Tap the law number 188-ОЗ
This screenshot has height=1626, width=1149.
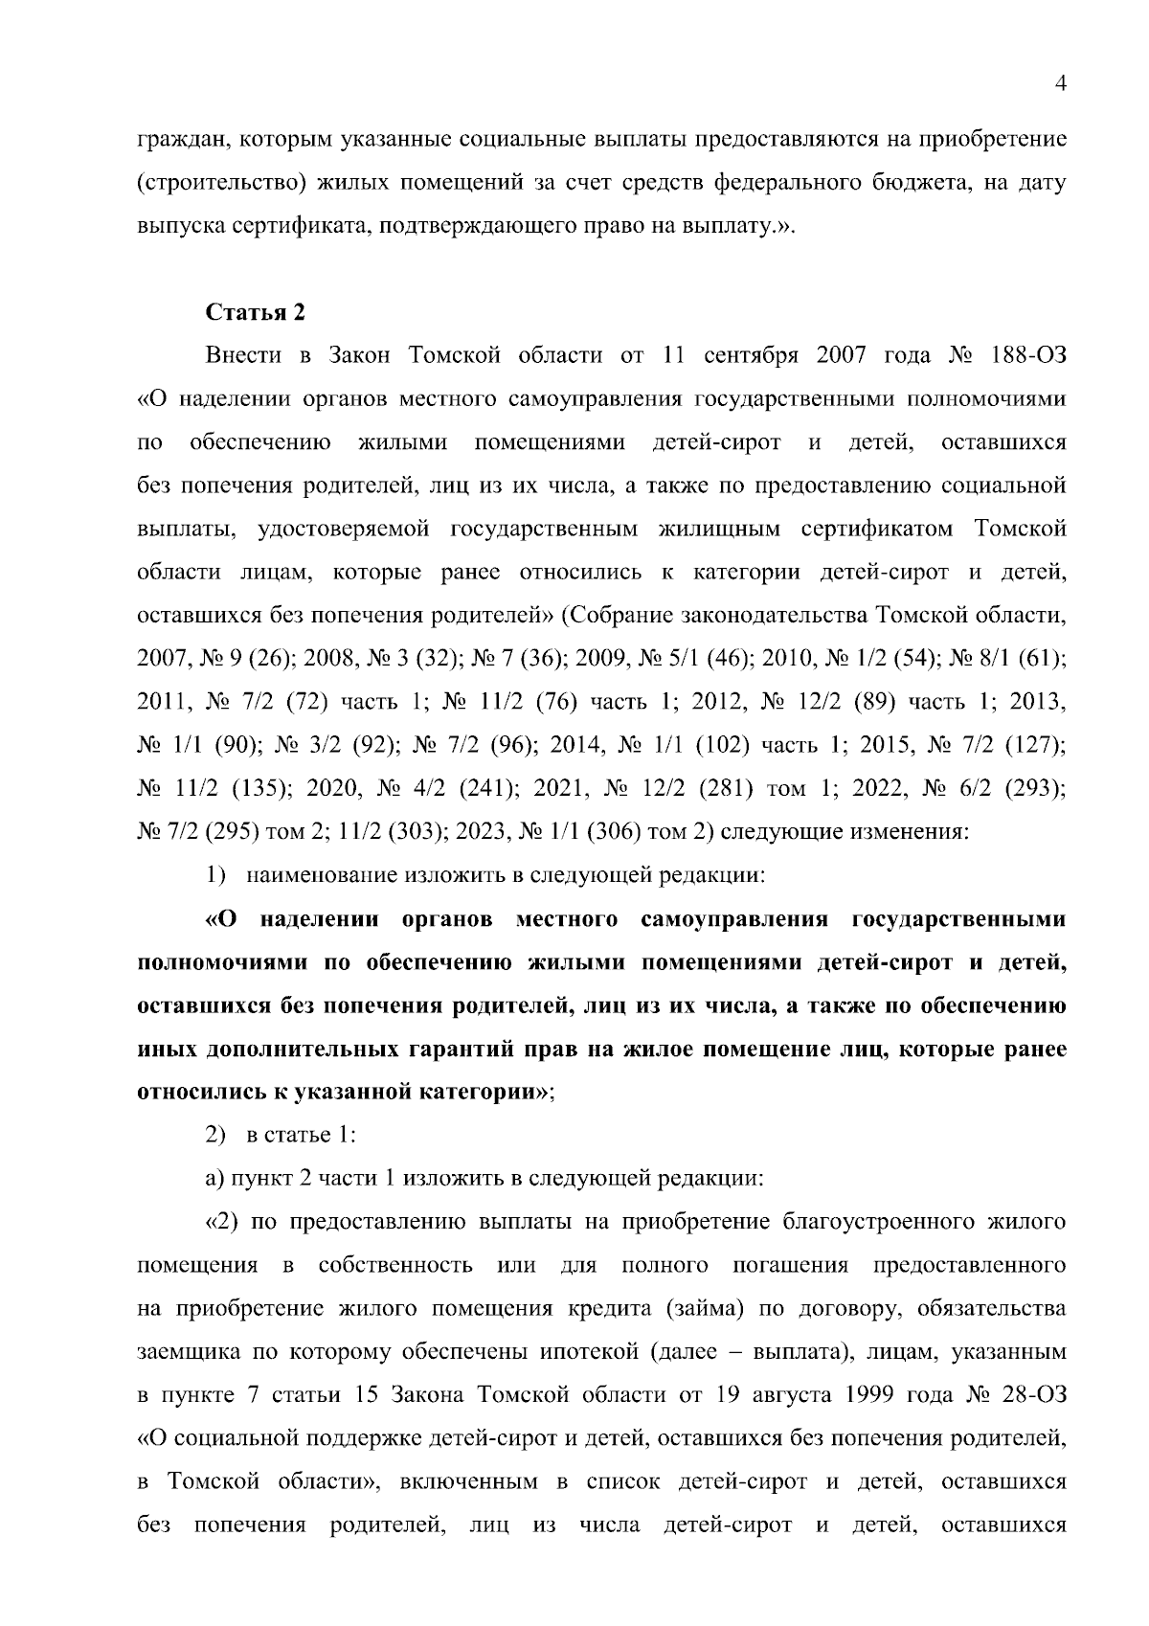[1025, 355]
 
